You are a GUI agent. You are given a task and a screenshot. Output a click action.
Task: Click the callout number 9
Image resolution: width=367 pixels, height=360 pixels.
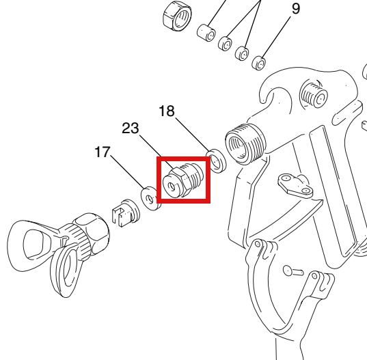[296, 9]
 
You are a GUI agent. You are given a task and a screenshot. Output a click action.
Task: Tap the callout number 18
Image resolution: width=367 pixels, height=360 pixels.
[167, 111]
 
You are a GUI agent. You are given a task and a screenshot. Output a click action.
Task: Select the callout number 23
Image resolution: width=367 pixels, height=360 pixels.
[131, 128]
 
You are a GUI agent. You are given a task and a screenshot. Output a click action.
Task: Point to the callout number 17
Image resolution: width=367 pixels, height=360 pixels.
[103, 152]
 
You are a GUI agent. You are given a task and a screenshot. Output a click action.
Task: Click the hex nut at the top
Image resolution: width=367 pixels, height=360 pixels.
[177, 16]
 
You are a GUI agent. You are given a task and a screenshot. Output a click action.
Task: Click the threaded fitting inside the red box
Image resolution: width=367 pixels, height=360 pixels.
[183, 180]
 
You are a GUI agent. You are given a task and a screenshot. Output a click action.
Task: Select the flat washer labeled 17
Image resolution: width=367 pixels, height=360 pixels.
[151, 199]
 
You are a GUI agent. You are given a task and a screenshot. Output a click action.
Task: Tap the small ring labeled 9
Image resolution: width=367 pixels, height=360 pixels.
[258, 63]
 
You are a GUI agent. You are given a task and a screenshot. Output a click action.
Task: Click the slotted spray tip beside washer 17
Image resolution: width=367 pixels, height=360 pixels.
[126, 213]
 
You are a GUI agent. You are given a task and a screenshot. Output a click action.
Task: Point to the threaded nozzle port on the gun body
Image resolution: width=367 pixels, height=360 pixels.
[245, 144]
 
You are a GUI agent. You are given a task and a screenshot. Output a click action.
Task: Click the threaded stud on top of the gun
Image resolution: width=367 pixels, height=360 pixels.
[314, 93]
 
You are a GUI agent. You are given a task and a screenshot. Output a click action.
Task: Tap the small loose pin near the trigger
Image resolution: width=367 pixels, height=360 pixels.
[293, 271]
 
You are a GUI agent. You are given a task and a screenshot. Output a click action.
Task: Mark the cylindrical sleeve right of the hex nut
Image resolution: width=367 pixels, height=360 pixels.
[206, 33]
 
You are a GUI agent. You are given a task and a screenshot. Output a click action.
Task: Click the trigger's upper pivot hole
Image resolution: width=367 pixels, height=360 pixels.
[257, 244]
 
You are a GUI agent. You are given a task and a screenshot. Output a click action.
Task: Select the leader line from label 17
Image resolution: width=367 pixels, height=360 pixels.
[128, 172]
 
